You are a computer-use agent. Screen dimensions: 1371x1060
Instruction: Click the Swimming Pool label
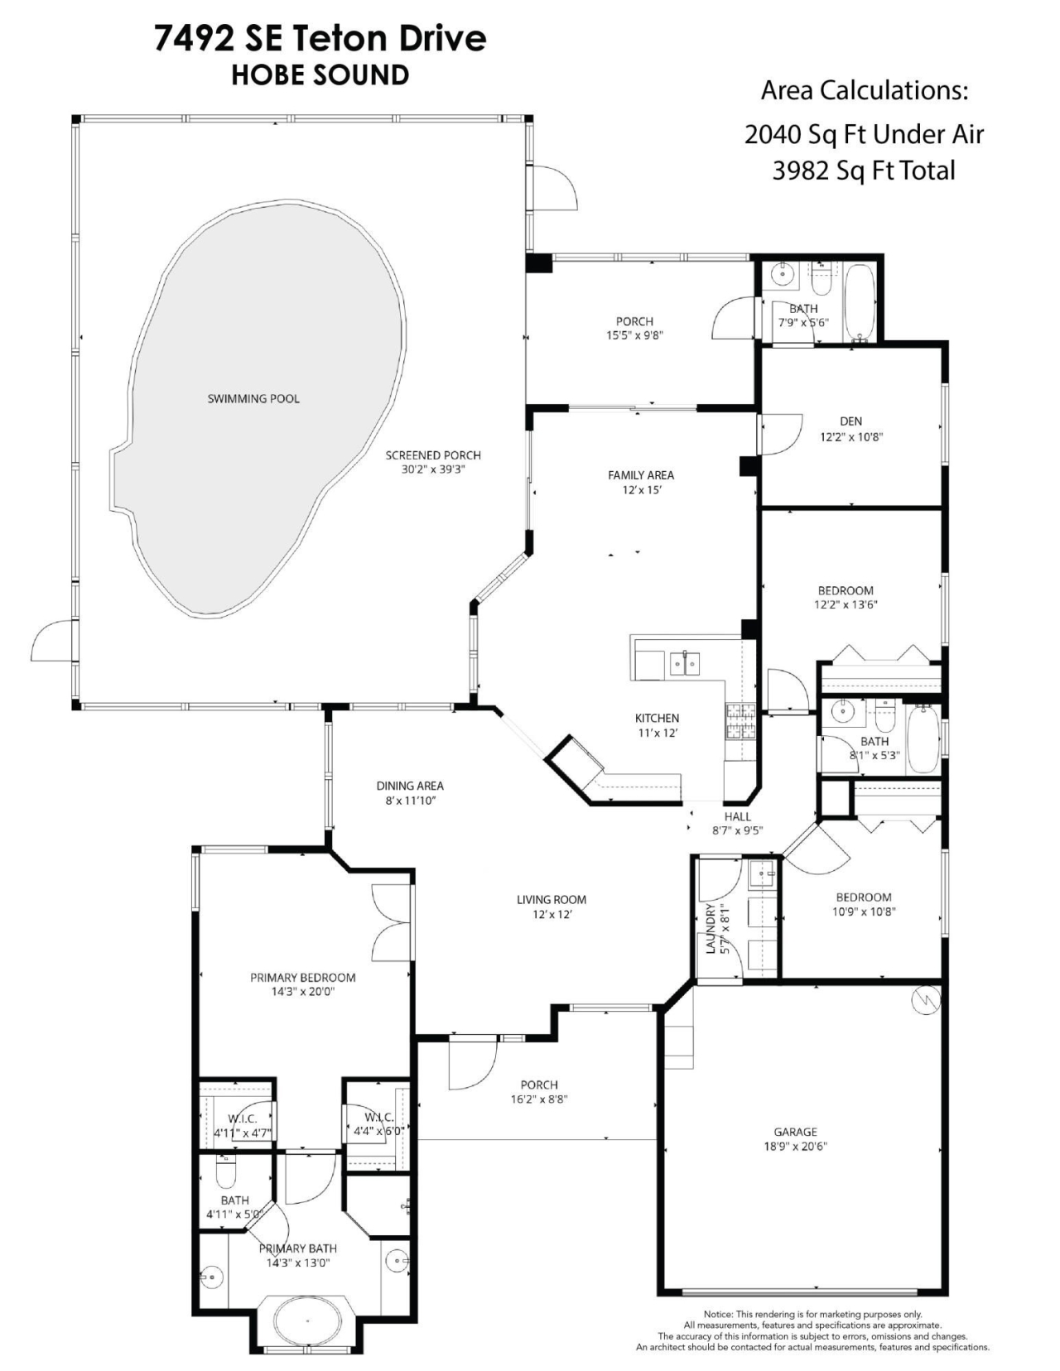[x=253, y=398]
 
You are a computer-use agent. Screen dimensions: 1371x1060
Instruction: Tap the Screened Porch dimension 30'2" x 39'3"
[x=433, y=469]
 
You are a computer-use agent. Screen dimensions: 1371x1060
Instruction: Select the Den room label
[x=850, y=421]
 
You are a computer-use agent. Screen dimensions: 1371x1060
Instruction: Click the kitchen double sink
[x=684, y=662]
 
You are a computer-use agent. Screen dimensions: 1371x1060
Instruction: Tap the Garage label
[x=795, y=1132]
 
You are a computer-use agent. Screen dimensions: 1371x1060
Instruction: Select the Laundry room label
[x=711, y=928]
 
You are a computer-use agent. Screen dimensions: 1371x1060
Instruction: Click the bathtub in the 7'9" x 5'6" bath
[x=859, y=302]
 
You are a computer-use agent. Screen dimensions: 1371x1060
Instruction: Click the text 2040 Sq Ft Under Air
[x=864, y=133]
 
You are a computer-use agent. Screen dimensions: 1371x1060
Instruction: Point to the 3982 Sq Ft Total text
[x=864, y=171]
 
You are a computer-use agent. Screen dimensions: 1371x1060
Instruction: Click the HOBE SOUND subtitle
[x=320, y=75]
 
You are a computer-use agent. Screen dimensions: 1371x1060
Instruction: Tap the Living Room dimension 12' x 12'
[x=551, y=914]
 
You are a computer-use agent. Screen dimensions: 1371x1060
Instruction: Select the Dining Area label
[x=410, y=786]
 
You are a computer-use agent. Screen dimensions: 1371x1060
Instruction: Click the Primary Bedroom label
[x=303, y=977]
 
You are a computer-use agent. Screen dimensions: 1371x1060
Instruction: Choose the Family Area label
[x=641, y=474]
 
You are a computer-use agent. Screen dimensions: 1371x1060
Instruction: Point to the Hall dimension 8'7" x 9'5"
[x=737, y=830]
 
